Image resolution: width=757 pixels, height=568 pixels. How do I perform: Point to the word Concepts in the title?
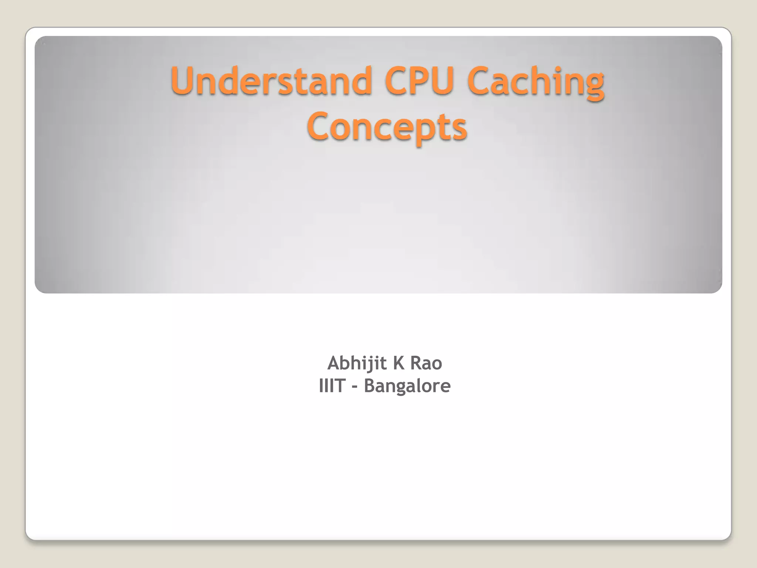(x=387, y=127)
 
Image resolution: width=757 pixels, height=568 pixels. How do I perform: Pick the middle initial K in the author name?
(x=398, y=363)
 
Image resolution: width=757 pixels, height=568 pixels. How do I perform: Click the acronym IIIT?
(x=332, y=386)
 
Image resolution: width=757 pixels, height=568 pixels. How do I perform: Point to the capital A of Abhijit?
(x=334, y=363)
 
